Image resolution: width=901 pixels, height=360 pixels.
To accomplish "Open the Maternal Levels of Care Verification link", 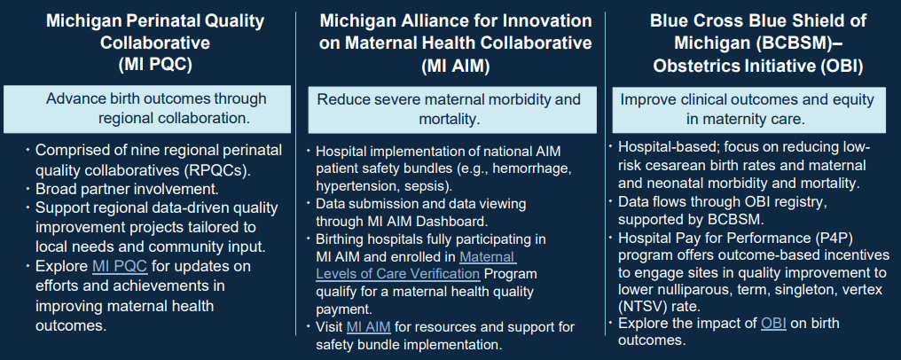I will (x=415, y=265).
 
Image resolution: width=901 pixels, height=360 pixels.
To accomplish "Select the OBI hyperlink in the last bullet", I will (x=773, y=322).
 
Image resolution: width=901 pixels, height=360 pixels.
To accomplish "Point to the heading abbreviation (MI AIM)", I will (x=455, y=64).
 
